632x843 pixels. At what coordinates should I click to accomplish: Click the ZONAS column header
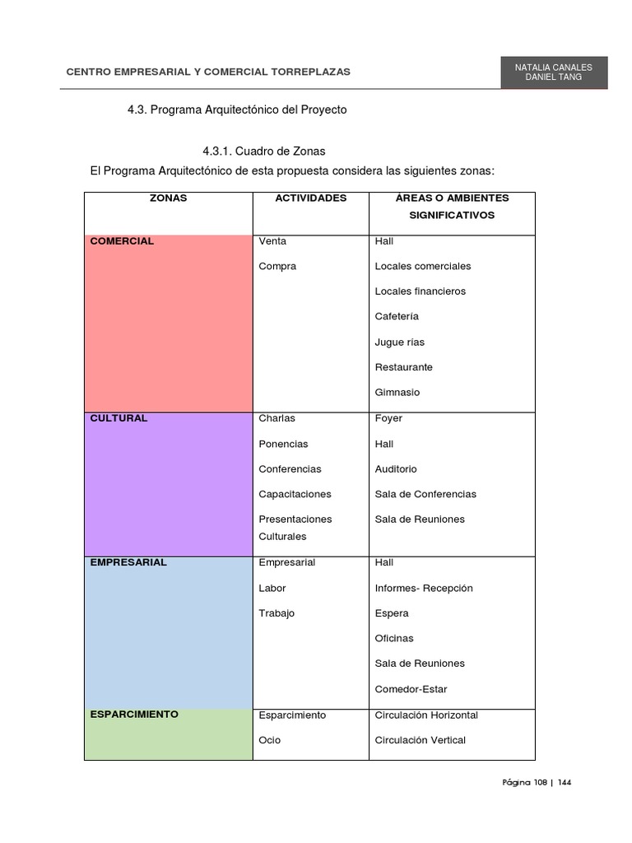[168, 198]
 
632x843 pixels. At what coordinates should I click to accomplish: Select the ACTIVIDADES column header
[310, 198]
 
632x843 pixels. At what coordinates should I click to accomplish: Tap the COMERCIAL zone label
[122, 241]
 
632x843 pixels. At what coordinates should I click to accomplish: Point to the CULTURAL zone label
[118, 418]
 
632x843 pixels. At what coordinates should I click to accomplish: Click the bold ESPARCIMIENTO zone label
[133, 715]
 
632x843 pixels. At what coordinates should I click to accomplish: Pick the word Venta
[272, 241]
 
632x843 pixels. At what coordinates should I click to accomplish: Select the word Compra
[277, 267]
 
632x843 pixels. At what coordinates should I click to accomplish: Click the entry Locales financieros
[420, 291]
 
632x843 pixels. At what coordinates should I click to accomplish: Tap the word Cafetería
[397, 316]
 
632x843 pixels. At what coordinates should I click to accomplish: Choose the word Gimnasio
[397, 392]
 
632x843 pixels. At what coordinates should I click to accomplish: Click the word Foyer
[388, 418]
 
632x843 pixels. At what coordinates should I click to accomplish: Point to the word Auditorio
[396, 469]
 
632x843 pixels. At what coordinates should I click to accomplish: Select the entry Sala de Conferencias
[425, 494]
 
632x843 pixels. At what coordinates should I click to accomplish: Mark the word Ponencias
[283, 444]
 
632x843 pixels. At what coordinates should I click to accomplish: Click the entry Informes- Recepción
[424, 589]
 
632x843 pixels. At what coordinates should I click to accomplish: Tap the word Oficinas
[394, 639]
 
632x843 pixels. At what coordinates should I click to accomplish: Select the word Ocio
[269, 740]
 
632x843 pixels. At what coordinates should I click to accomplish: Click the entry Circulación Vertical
[420, 740]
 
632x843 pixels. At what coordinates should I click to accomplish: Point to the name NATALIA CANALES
[553, 66]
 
